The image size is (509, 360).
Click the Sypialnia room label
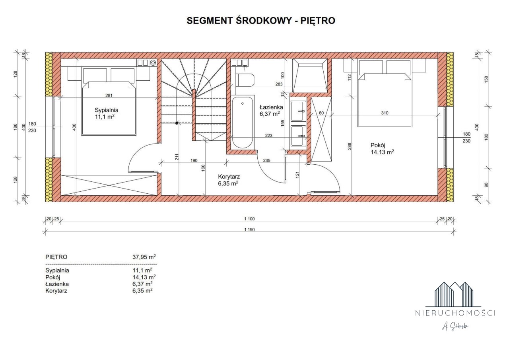[x=107, y=110]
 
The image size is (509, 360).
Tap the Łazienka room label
[x=271, y=107]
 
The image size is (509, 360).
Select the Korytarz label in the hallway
[x=229, y=177]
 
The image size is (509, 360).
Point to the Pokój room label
[x=378, y=145]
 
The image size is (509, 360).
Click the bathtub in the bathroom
[x=243, y=123]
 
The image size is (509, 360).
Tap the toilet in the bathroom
[x=245, y=80]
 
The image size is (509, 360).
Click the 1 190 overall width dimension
[x=249, y=230]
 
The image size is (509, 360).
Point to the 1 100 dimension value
[x=249, y=219]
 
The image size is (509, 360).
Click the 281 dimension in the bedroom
[x=109, y=95]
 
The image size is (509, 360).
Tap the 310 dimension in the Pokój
[x=385, y=113]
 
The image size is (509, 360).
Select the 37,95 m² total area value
[x=144, y=257]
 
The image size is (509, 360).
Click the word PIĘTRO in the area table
[x=56, y=257]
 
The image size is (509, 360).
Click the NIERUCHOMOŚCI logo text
[x=455, y=313]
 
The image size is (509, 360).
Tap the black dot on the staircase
[x=177, y=123]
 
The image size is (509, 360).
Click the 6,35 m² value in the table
[x=142, y=290]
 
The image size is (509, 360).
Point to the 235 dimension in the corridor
[x=266, y=160]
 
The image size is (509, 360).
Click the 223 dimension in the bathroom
[x=268, y=136]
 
